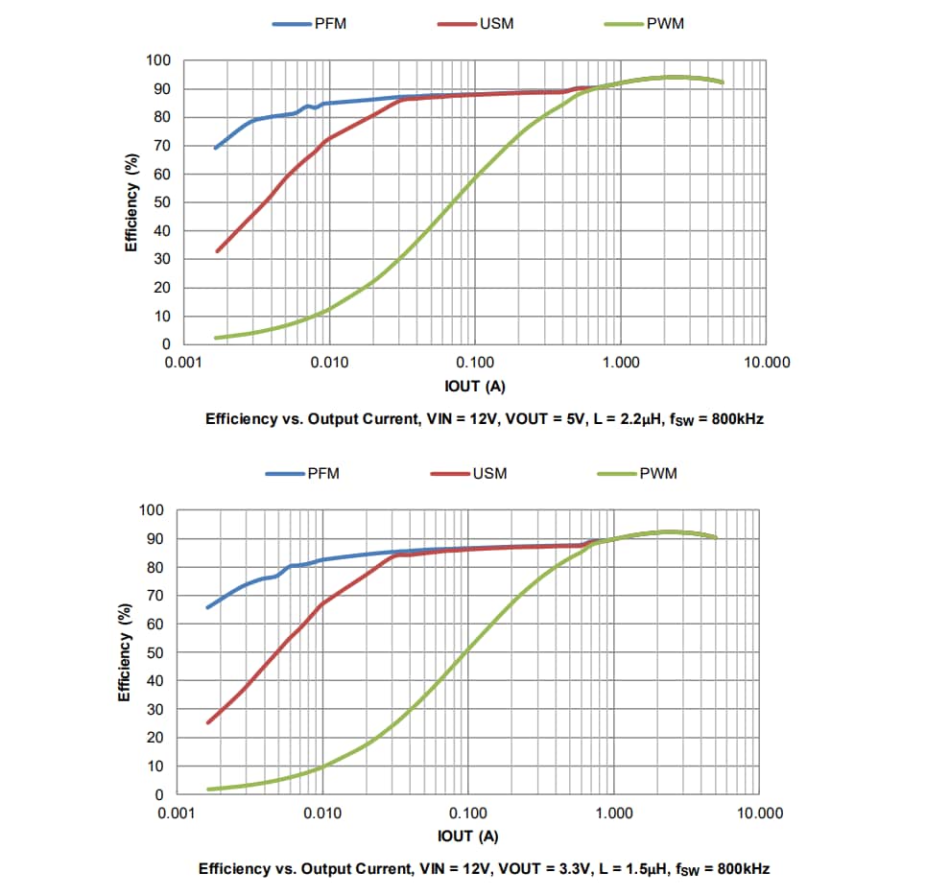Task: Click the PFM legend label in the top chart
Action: (330, 23)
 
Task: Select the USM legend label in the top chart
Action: (496, 23)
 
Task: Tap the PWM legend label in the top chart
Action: (666, 23)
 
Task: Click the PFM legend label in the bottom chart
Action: (323, 473)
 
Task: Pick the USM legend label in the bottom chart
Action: (489, 473)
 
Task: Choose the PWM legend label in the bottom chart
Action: (659, 473)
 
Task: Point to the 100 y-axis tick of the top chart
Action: (158, 60)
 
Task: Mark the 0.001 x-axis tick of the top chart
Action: (183, 363)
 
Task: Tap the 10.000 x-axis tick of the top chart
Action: (766, 363)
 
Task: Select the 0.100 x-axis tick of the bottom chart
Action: (467, 813)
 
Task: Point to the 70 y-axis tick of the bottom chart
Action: (154, 596)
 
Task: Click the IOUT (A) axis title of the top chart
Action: (475, 386)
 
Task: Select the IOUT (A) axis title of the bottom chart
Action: (467, 837)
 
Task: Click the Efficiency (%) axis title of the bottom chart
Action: (124, 652)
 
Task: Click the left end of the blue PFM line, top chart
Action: (216, 148)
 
